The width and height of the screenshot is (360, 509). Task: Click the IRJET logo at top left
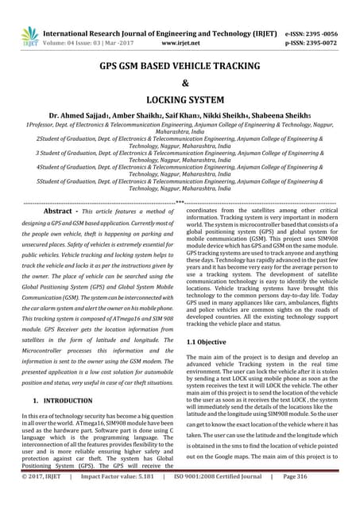point(29,35)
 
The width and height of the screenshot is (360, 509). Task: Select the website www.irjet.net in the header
point(180,37)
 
